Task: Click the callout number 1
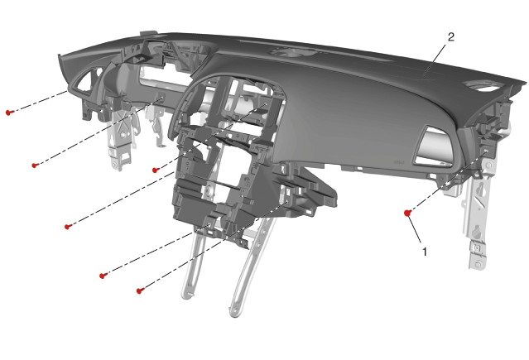tap(425, 252)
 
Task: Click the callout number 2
tap(451, 36)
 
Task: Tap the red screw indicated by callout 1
tap(407, 213)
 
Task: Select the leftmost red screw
tap(9, 112)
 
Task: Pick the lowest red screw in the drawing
tap(140, 290)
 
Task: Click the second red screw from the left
tap(35, 166)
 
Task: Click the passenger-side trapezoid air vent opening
tap(433, 146)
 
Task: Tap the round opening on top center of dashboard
tap(294, 52)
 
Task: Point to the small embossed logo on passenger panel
tap(399, 162)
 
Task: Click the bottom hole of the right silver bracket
tap(478, 264)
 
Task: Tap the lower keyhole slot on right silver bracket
tap(477, 232)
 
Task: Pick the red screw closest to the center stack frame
tap(156, 170)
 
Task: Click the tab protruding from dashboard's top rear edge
tap(149, 33)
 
